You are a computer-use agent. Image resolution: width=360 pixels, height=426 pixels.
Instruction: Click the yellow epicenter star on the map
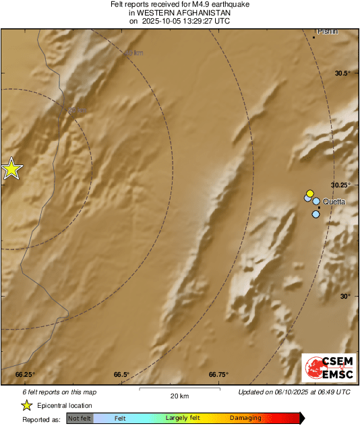point(11,169)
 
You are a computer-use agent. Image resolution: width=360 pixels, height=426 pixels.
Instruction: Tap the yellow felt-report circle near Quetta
point(310,193)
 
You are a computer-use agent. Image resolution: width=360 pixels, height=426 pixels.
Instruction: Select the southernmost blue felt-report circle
point(316,214)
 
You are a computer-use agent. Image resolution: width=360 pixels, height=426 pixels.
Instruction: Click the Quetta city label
point(334,202)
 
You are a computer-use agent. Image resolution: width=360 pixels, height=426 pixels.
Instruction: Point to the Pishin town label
point(328,31)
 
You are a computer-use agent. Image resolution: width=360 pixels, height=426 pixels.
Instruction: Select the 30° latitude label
point(344,297)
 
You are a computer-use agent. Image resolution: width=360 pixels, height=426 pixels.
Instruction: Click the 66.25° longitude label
point(25,375)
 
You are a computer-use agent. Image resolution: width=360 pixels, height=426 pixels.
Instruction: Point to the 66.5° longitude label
point(121,375)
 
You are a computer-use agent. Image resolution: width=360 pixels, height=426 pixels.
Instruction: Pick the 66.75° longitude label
point(218,375)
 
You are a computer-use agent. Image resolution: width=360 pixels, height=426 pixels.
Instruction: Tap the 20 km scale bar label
point(179,396)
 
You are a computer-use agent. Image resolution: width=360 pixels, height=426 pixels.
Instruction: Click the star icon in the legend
point(26,405)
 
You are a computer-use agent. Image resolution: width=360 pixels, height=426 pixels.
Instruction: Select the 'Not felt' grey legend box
point(80,419)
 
